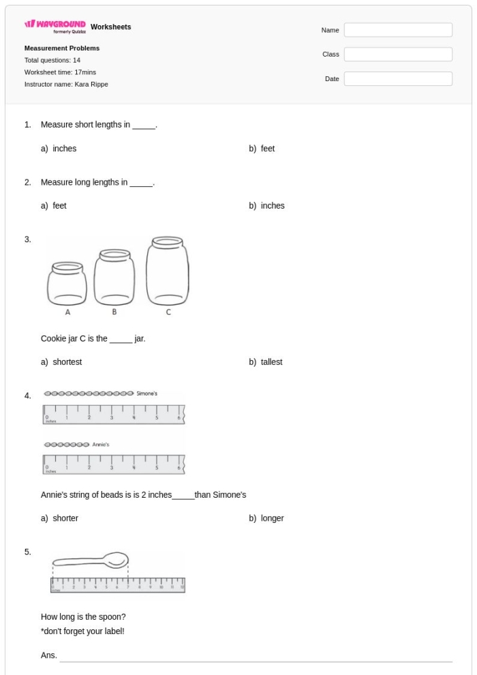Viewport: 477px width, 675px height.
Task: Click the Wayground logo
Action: (x=55, y=27)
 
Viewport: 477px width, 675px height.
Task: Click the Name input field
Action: (x=398, y=30)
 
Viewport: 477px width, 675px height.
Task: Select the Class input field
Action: (x=398, y=55)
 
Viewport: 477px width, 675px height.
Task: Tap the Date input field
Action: (x=398, y=79)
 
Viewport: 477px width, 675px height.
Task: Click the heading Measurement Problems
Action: (x=62, y=48)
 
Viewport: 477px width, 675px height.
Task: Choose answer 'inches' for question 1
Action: (x=64, y=149)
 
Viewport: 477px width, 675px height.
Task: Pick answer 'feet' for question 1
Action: (x=267, y=149)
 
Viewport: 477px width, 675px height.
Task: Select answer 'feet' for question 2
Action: (x=59, y=205)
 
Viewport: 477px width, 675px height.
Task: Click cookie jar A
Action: (x=67, y=284)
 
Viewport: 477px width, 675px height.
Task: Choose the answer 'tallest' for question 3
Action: (x=271, y=362)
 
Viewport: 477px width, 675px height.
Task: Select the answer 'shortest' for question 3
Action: (x=67, y=362)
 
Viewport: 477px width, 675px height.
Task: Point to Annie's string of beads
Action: (x=66, y=444)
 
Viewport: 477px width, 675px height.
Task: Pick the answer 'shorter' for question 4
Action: (x=65, y=518)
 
